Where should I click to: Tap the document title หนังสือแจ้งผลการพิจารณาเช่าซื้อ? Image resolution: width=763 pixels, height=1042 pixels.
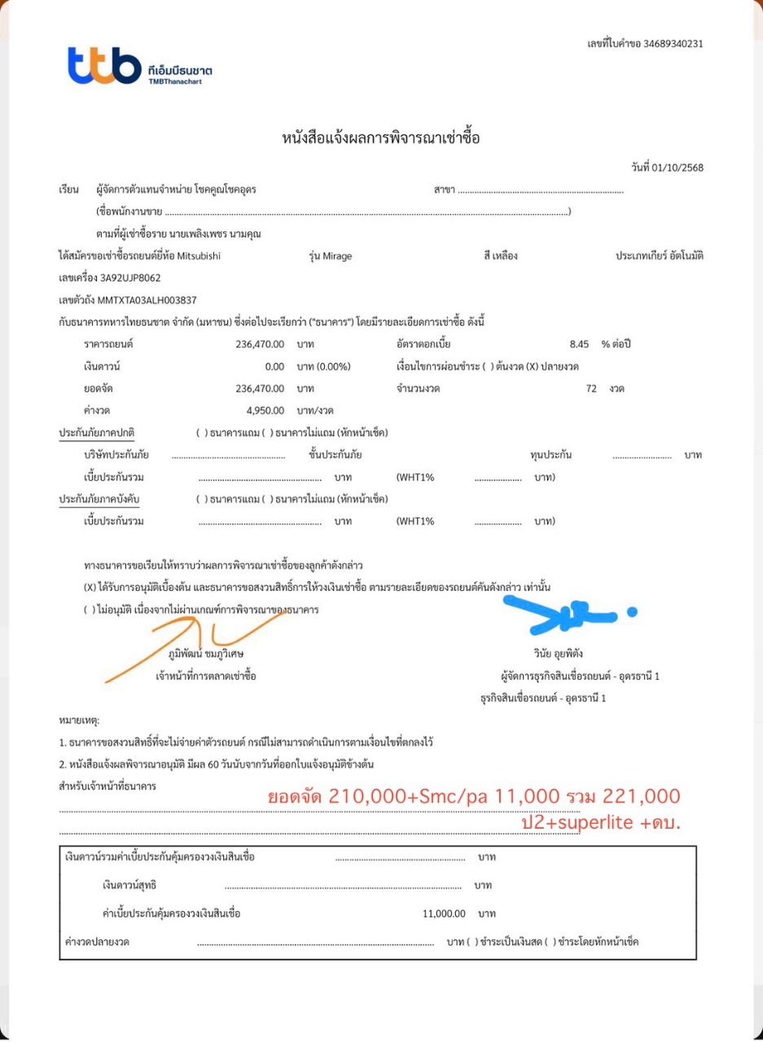pyautogui.click(x=381, y=138)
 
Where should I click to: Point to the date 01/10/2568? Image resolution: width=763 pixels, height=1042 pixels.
pyautogui.click(x=677, y=168)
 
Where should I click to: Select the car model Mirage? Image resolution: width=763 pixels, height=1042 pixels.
pyautogui.click(x=335, y=256)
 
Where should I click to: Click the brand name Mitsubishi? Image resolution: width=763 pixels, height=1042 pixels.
pyautogui.click(x=198, y=256)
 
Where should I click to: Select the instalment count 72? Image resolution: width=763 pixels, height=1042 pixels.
pyautogui.click(x=591, y=388)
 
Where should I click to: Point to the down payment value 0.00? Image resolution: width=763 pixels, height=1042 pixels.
pyautogui.click(x=274, y=366)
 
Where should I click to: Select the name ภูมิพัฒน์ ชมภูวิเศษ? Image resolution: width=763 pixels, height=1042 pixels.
pyautogui.click(x=206, y=653)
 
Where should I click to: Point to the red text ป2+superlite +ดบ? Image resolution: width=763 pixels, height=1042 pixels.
pyautogui.click(x=600, y=822)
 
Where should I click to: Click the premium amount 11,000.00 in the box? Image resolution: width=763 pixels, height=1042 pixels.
pyautogui.click(x=444, y=913)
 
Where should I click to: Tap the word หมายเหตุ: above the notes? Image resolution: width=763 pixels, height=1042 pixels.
pyautogui.click(x=79, y=720)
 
